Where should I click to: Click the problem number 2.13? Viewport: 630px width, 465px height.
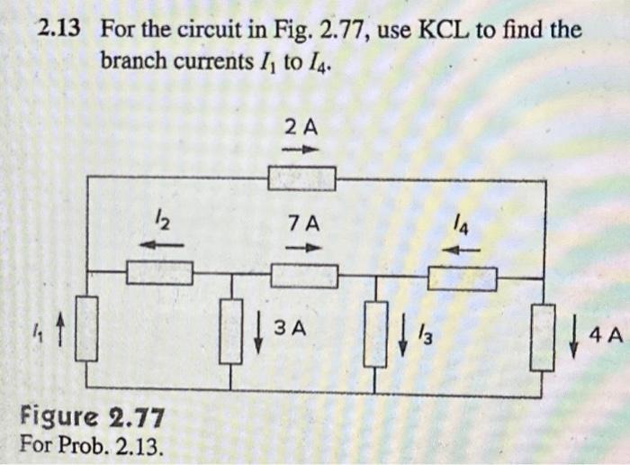58,30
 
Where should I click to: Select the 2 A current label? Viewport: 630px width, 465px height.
301,127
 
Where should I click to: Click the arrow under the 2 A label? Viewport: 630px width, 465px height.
301,150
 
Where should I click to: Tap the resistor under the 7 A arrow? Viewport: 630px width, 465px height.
304,275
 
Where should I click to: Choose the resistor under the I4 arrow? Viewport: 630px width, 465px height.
462,279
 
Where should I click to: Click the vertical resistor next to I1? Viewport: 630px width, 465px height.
86,329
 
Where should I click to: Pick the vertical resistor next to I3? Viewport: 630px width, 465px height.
375,333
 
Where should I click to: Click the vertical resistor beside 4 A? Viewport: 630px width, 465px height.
543,337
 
